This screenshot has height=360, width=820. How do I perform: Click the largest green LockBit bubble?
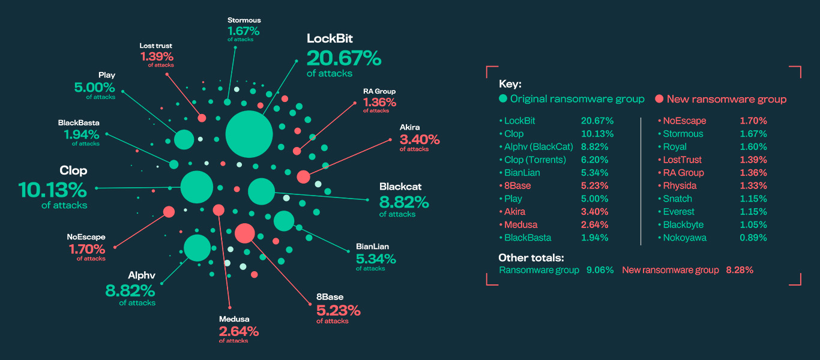coord(249,134)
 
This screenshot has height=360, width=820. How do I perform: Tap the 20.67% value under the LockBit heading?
coord(343,58)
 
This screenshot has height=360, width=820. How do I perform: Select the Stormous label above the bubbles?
coord(243,20)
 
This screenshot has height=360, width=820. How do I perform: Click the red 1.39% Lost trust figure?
coord(157,56)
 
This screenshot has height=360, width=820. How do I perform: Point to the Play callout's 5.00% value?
coord(95,87)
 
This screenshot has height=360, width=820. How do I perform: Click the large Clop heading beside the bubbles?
coord(73,170)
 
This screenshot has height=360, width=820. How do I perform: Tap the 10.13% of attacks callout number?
coord(53,190)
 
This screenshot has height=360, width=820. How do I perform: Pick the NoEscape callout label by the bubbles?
coord(86,237)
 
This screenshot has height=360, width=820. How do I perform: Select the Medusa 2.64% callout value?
coord(239,331)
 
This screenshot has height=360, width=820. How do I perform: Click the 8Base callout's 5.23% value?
coord(339,310)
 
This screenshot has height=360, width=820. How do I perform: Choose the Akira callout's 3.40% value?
coord(420,140)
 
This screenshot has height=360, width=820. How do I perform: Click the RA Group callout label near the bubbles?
coord(379,91)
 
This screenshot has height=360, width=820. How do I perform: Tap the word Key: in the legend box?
coord(510,85)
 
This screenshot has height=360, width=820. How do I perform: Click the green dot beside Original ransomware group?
coord(503,99)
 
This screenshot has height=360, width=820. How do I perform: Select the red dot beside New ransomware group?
coord(659,99)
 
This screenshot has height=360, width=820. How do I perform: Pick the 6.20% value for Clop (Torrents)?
coord(594,160)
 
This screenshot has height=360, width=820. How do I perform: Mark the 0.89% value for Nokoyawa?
coord(753,238)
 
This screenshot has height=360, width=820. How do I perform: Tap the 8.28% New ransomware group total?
coord(739,270)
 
